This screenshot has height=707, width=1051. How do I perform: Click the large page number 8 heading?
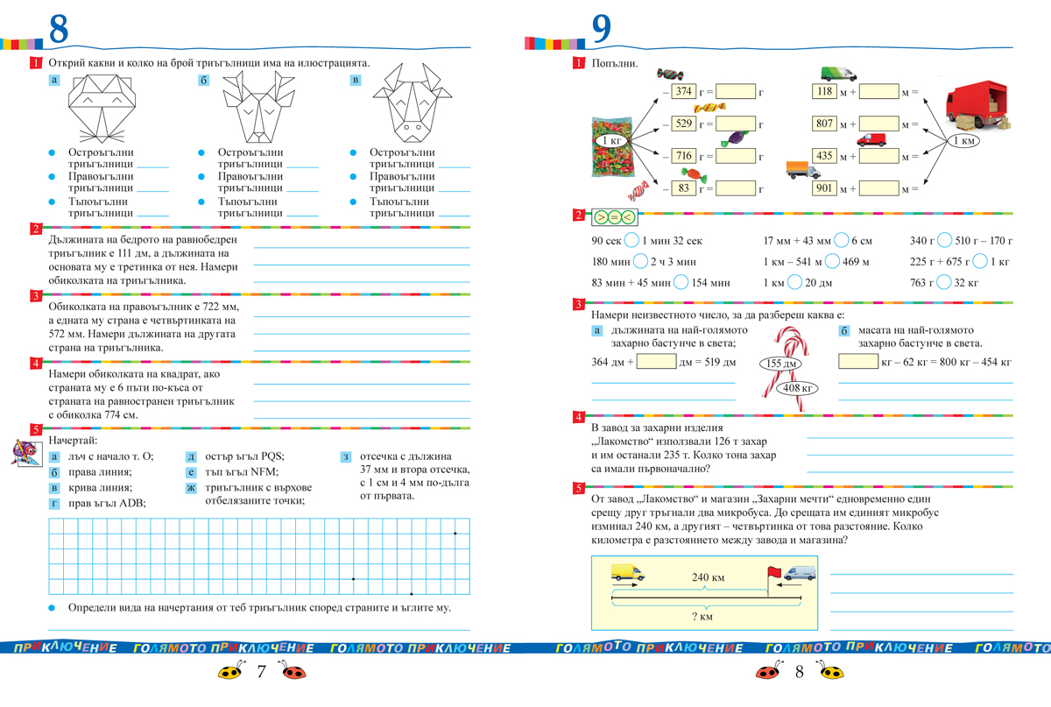(58, 29)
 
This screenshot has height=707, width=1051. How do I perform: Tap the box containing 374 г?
(684, 91)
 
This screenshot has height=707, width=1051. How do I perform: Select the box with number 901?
(824, 188)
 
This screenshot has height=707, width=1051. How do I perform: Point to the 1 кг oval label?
(611, 140)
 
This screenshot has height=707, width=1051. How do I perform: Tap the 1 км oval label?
(969, 140)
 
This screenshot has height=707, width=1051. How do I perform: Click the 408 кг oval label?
(801, 386)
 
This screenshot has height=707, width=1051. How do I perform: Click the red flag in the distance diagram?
(772, 571)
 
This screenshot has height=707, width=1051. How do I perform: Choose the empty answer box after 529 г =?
(736, 124)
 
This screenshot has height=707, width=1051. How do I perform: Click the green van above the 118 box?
(838, 74)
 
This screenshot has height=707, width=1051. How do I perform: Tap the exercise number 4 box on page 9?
(577, 416)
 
